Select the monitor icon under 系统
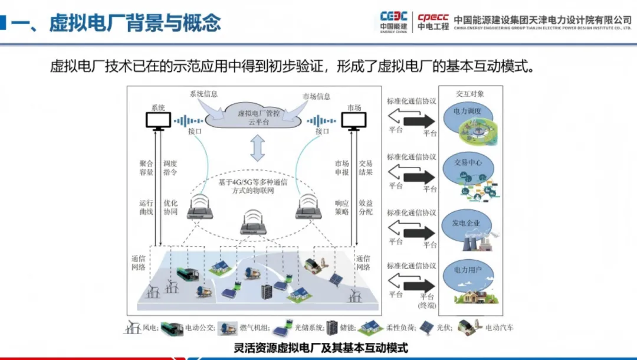pyautogui.click(x=158, y=121)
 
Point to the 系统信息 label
pyautogui.click(x=204, y=94)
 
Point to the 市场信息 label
pyautogui.click(x=316, y=96)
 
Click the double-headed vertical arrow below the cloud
pyautogui.click(x=256, y=148)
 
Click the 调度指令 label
pyautogui.click(x=170, y=168)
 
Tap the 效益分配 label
pyautogui.click(x=366, y=207)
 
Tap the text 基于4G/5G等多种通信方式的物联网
pyautogui.click(x=256, y=186)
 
